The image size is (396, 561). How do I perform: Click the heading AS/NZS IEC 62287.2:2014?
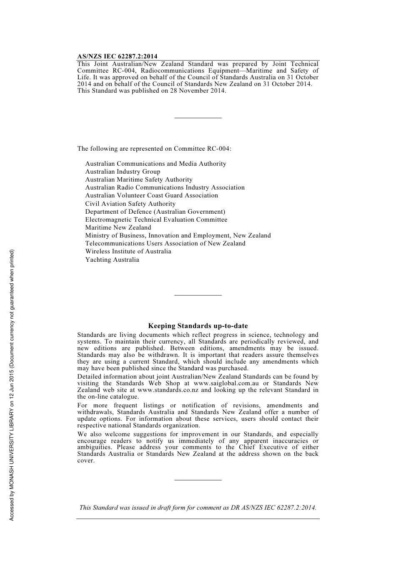click(x=117, y=57)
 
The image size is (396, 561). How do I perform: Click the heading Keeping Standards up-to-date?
click(x=198, y=326)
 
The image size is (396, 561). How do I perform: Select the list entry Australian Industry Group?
click(x=123, y=172)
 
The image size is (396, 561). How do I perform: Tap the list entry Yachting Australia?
click(x=112, y=260)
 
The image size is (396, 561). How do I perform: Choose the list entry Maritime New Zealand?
click(x=118, y=227)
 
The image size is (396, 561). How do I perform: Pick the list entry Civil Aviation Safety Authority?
click(x=130, y=204)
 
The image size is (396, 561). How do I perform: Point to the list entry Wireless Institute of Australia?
click(x=128, y=251)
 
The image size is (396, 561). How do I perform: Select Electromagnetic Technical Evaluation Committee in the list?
click(x=156, y=220)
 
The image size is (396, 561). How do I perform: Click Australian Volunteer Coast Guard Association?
click(x=152, y=195)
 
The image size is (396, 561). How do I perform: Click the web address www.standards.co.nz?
click(x=168, y=390)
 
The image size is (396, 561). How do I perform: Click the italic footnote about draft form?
click(x=198, y=508)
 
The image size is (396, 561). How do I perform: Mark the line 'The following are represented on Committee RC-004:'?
click(x=154, y=149)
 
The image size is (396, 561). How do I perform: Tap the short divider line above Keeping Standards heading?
click(x=198, y=295)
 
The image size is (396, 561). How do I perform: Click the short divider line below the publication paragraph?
click(x=198, y=118)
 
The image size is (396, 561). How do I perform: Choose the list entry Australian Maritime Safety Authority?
click(x=139, y=179)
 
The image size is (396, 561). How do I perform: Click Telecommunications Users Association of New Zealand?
click(x=165, y=243)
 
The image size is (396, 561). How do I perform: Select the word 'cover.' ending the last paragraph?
click(x=86, y=460)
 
